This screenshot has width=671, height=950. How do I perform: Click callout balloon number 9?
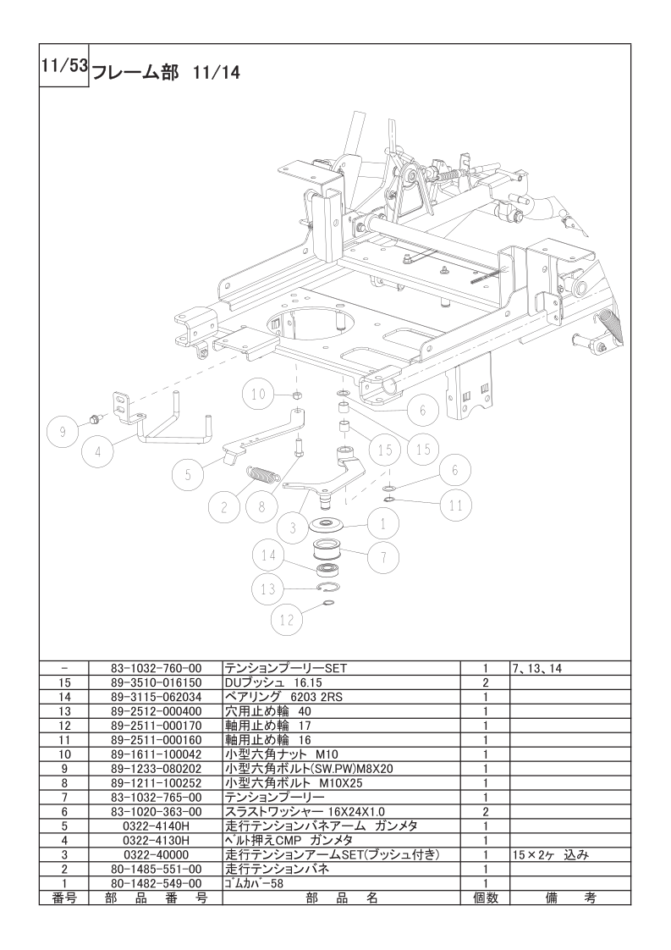pos(63,433)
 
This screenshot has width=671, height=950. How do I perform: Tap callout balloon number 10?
pos(259,395)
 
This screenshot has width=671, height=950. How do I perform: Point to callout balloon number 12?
pos(287,619)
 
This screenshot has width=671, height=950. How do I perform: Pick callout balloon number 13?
pos(268,589)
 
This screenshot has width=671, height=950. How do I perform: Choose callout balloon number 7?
pos(382,556)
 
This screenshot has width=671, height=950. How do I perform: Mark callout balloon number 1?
pos(382,522)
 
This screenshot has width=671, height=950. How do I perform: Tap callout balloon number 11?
pos(456,505)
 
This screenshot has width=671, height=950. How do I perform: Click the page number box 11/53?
pos(64,65)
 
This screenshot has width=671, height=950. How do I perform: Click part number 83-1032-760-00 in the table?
pos(156,668)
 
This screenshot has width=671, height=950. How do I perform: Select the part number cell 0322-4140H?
pos(156,826)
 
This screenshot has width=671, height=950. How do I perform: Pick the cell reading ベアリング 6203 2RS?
pos(283,697)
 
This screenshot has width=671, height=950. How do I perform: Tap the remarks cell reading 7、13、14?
pos(537,668)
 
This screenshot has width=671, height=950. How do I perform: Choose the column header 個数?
pos(485,898)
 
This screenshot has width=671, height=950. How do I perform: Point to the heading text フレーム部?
pos(135,73)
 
